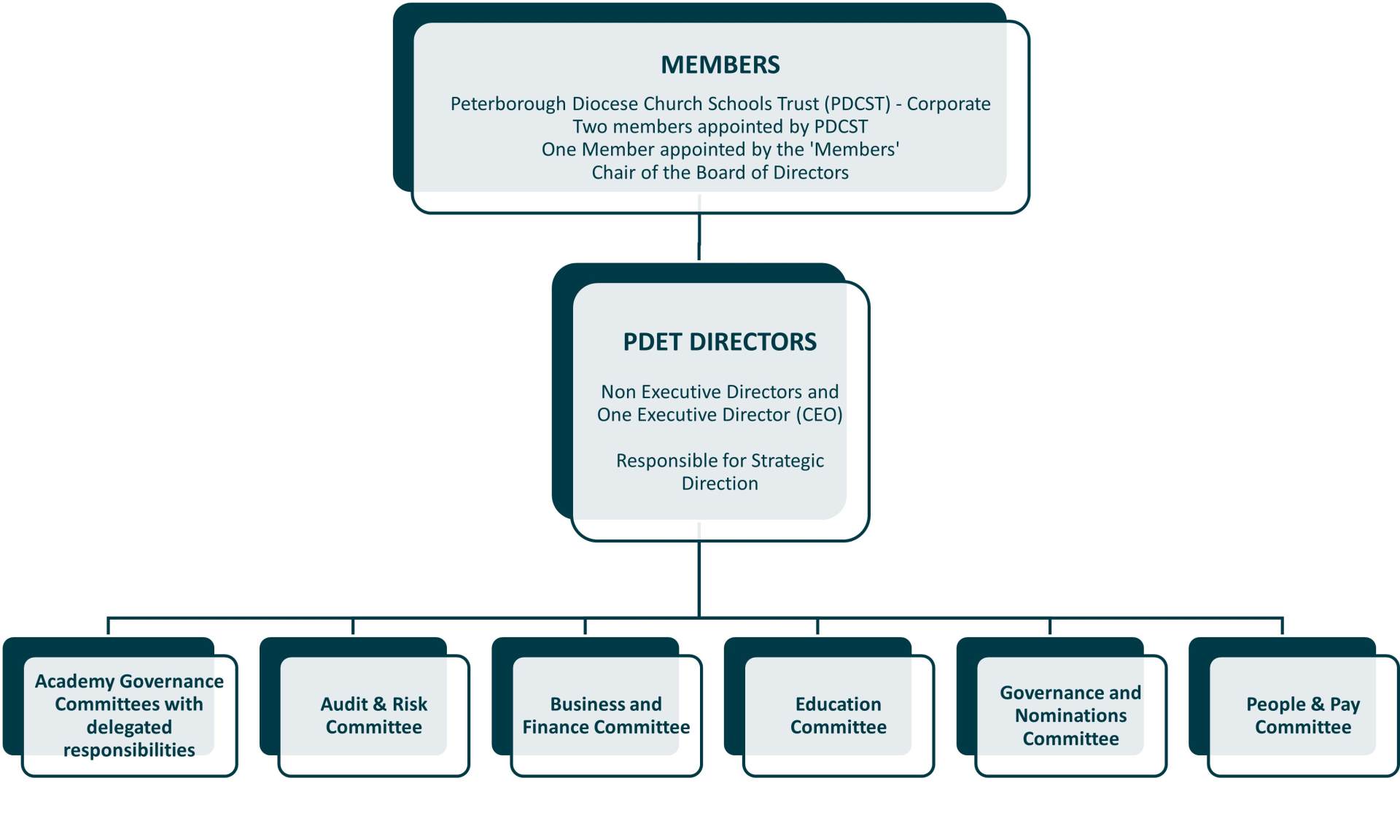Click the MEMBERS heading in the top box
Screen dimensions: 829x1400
(x=720, y=65)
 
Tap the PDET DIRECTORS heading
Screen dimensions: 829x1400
(x=720, y=342)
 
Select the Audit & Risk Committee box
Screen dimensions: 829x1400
(x=373, y=715)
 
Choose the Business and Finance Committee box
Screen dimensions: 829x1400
(x=605, y=715)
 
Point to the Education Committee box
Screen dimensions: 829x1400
(x=838, y=715)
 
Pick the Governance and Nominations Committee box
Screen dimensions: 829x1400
(x=1070, y=715)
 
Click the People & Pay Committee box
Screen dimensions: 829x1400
(x=1302, y=715)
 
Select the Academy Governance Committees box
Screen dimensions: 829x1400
(x=129, y=715)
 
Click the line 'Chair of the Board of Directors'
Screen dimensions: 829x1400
(x=720, y=173)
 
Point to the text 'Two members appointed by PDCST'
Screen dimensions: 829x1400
(x=720, y=127)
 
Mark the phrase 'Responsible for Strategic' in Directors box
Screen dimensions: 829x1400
(x=720, y=461)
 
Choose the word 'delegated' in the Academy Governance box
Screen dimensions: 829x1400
(x=129, y=727)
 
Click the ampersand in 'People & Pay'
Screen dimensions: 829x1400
(x=1317, y=704)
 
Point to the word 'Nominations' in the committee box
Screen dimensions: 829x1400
(x=1070, y=716)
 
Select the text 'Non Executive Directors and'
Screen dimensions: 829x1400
(x=720, y=392)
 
